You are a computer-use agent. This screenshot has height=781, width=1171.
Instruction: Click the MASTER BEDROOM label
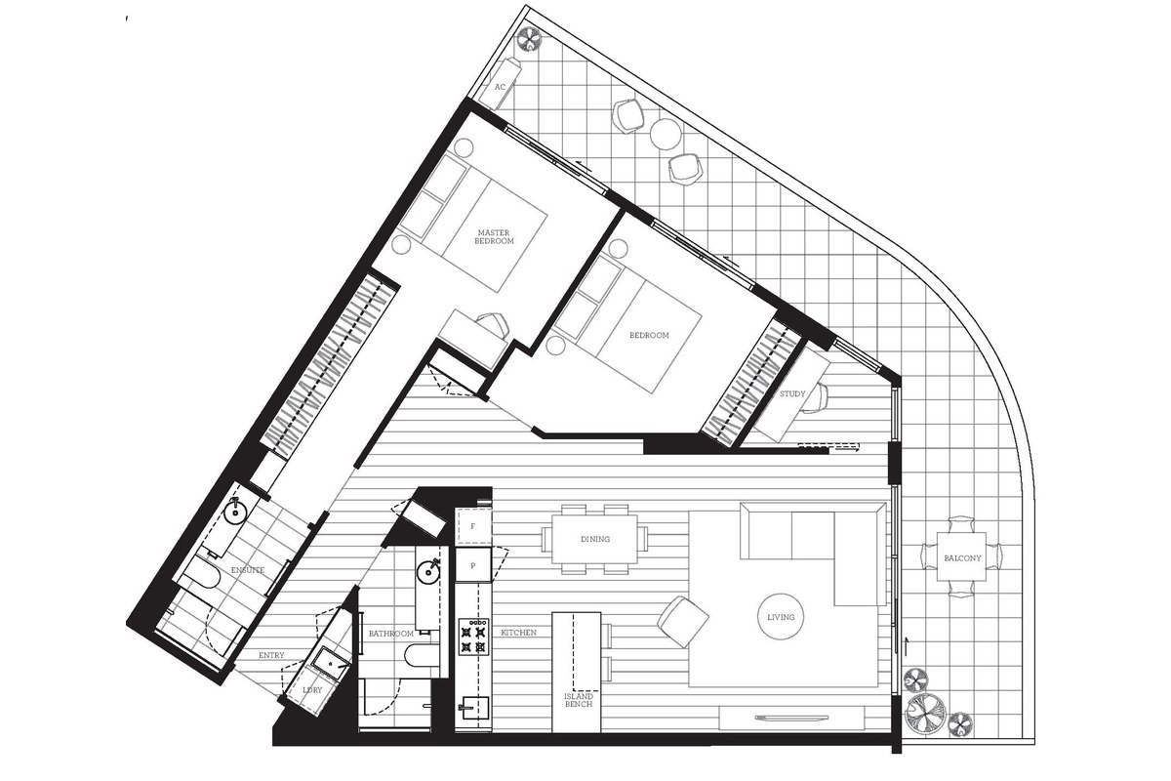pos(494,237)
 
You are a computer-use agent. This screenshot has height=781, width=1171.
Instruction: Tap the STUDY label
pos(792,393)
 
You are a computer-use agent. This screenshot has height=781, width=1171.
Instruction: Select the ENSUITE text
pos(248,570)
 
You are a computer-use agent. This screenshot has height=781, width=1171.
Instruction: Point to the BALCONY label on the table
pos(962,558)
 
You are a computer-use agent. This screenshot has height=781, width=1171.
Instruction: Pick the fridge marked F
pos(473,526)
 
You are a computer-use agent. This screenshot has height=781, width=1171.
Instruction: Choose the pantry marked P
pos(473,565)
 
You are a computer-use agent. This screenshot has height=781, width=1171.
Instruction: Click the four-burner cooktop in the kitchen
pos(473,637)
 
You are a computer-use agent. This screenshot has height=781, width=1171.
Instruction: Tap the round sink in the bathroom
pos(429,570)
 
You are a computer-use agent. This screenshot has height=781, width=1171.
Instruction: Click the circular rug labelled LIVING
pos(781,617)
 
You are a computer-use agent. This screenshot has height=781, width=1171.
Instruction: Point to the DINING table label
pos(595,539)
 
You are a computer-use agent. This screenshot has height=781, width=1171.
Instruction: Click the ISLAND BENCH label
pos(579,700)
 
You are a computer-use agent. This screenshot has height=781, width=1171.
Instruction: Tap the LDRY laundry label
pos(312,690)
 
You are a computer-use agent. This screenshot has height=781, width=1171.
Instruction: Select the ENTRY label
pos(271,655)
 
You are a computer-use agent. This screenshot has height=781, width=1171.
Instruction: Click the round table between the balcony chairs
pos(666,134)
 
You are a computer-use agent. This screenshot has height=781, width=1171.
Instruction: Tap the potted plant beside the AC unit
pos(531,39)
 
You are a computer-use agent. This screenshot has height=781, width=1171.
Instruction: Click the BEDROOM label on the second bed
pos(649,335)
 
